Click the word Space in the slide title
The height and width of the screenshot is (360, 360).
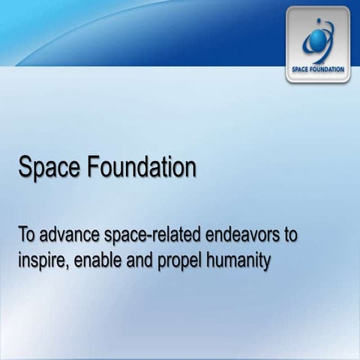[x=46, y=167]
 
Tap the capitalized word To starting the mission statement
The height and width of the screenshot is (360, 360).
[x=27, y=235]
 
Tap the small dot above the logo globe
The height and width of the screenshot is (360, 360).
[x=321, y=22]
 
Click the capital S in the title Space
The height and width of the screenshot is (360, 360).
[x=24, y=167]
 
